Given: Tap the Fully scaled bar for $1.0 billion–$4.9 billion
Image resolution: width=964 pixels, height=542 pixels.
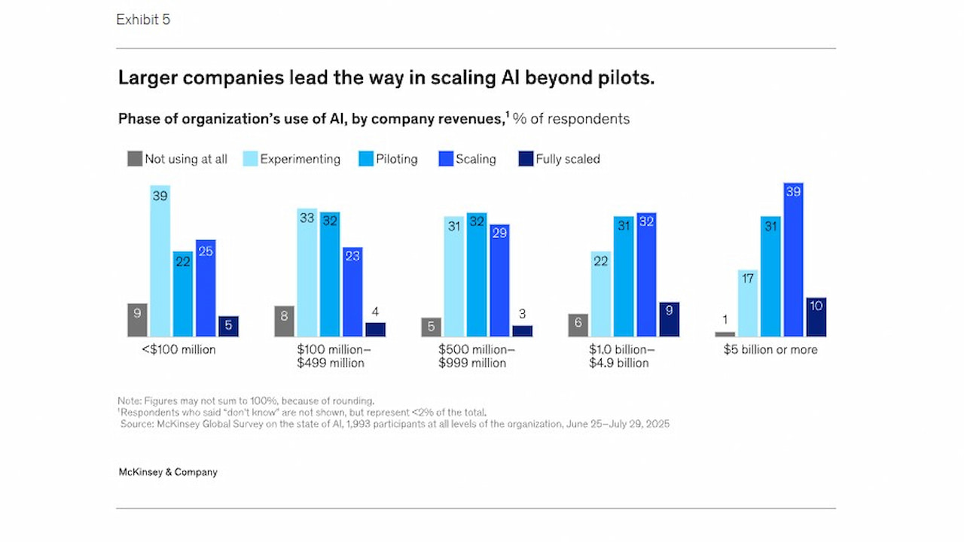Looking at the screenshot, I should coord(669,319).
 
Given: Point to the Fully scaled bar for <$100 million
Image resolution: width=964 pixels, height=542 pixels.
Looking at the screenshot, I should coord(228,326).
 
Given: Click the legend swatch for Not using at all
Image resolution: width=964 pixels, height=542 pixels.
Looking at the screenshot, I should coord(135,159).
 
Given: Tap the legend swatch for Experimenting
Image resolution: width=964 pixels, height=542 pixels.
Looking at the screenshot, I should coord(250,159).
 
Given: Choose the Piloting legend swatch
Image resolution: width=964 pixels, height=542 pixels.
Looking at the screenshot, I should coord(366,159).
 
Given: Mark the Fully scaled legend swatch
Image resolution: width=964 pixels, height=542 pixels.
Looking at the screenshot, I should coord(526,159).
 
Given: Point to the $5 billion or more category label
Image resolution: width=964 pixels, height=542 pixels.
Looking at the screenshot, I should coord(770,350).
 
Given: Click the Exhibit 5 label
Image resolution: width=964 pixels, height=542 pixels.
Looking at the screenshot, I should coord(143,20).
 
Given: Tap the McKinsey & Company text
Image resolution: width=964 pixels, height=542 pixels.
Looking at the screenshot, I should coord(168,473).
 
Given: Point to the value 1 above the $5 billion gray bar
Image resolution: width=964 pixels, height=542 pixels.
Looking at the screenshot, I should coord(724,318).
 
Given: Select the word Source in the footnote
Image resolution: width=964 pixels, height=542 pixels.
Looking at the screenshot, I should coord(138,424).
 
